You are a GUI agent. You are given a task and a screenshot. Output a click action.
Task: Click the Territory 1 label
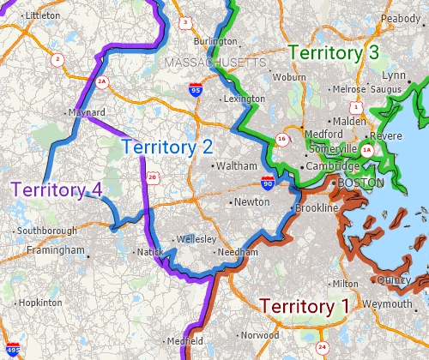(304, 306)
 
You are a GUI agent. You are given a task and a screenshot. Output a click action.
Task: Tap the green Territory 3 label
(334, 52)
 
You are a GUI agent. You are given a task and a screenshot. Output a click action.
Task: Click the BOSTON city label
(361, 183)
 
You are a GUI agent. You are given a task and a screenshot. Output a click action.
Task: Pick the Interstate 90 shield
(269, 182)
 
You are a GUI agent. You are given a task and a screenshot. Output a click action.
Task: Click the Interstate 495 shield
(12, 350)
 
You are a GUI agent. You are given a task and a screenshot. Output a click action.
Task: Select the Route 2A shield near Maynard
(101, 82)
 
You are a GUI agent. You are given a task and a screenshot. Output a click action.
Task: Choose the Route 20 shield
(152, 177)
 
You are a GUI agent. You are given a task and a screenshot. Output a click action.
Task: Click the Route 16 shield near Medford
(281, 140)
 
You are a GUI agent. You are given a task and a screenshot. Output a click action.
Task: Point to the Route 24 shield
(322, 347)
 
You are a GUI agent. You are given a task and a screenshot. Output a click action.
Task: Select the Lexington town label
(244, 99)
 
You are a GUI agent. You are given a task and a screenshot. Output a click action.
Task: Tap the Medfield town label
(185, 340)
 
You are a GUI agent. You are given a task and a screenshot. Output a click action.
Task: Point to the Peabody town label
(401, 18)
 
